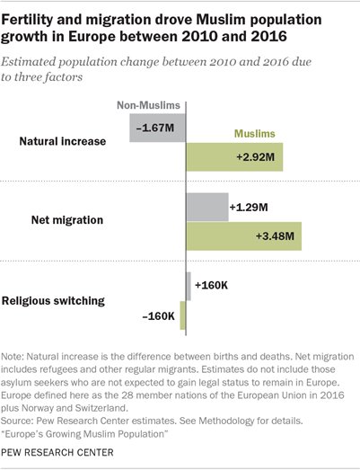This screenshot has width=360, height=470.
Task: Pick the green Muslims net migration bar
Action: (x=243, y=235)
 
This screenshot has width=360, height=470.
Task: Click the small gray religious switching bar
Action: (x=189, y=286)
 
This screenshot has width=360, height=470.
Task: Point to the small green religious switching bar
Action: (x=183, y=315)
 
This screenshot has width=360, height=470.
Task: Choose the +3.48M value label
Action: (x=278, y=235)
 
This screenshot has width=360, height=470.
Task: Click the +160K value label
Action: (x=214, y=286)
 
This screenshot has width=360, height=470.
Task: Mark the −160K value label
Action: (x=158, y=315)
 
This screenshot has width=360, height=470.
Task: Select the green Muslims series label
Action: (x=254, y=133)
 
